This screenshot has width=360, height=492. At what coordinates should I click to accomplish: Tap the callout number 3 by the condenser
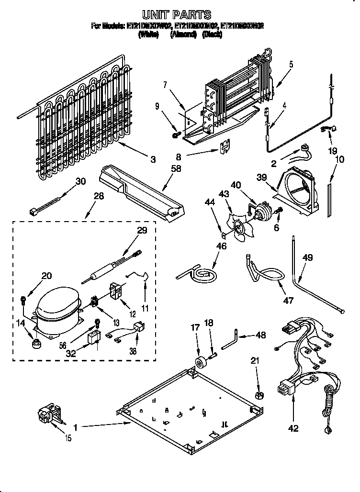152,160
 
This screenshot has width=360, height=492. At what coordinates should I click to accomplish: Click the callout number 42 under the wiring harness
293,428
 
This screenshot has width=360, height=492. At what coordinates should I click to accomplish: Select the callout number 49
308,257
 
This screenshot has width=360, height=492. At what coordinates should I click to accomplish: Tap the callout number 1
75,425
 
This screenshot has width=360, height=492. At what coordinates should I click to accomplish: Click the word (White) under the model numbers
148,34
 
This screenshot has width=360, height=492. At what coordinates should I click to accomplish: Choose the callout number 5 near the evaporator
291,64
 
